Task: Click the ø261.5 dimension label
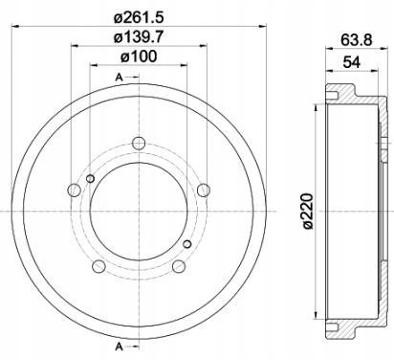tap(139, 16)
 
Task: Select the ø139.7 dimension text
tap(139, 37)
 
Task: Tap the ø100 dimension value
tap(139, 56)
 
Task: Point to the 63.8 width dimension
tap(356, 40)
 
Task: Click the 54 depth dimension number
tap(352, 62)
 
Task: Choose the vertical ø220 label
tap(309, 211)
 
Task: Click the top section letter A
tap(119, 77)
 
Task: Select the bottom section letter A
tap(119, 347)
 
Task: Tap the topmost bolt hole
tap(139, 144)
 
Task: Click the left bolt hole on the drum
tap(74, 191)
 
